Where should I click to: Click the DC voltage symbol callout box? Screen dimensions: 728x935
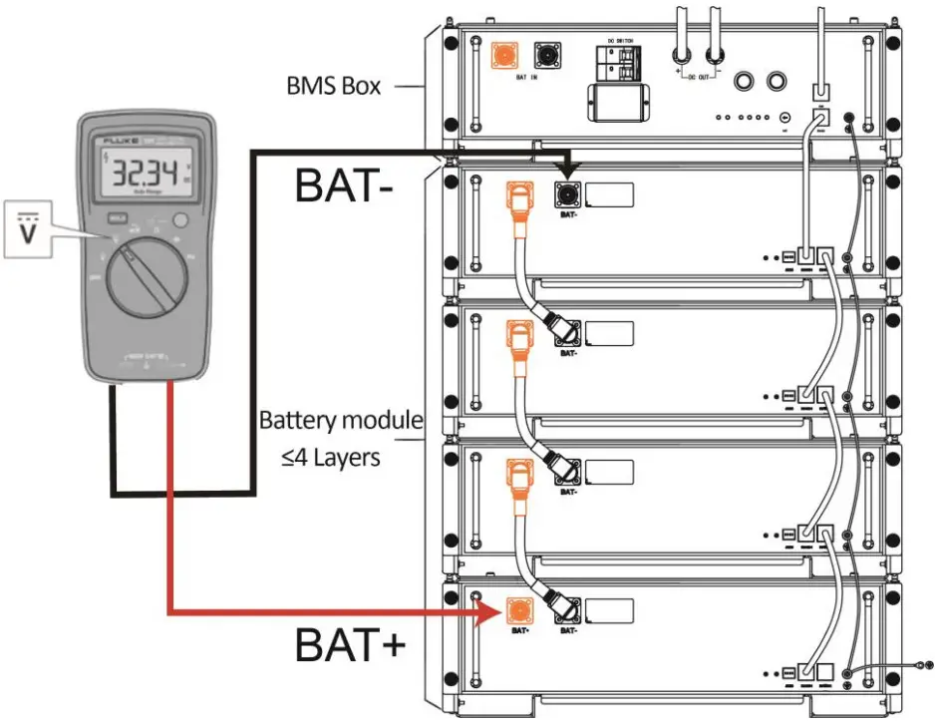27,230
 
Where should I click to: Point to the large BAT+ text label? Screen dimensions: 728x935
350,645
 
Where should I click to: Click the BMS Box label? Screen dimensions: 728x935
333,86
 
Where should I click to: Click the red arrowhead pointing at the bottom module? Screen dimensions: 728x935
488,611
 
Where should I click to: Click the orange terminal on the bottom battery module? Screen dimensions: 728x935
518,609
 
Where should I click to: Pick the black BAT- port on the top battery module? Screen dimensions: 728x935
569,193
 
